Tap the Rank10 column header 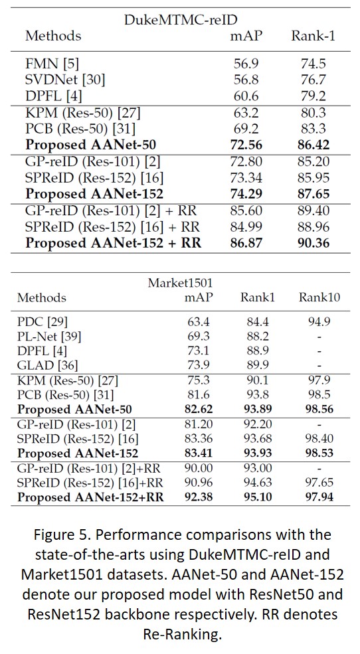[x=319, y=297]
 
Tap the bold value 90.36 [x=312, y=242]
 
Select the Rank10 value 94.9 [x=319, y=323]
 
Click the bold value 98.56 [x=319, y=410]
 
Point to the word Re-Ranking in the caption [x=179, y=634]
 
